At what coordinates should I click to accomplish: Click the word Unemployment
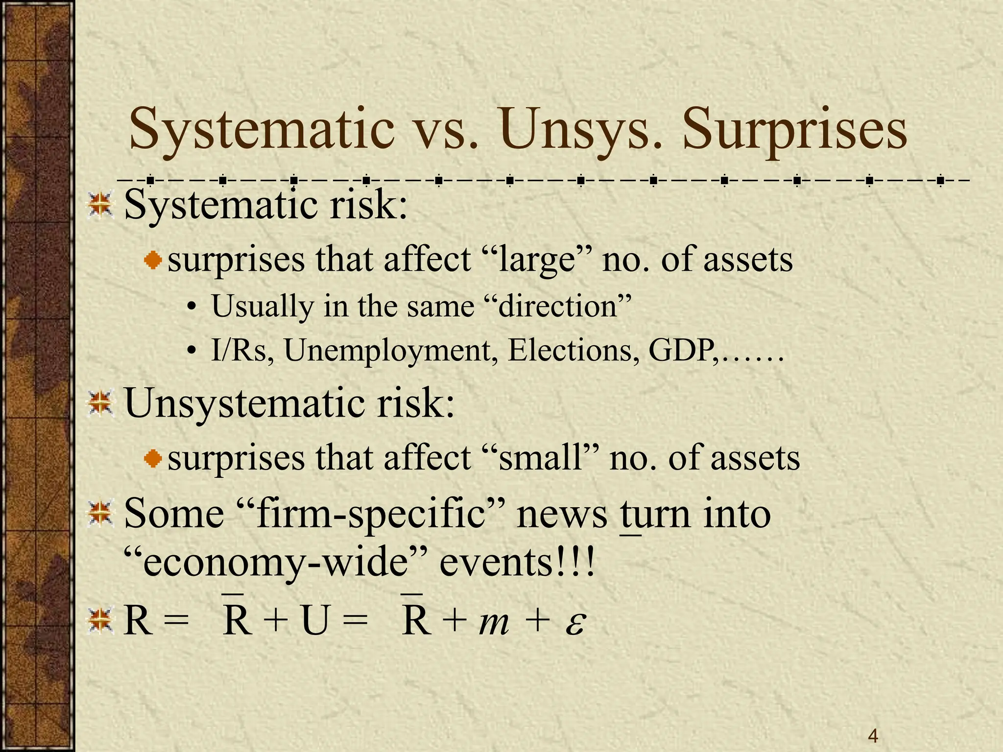390,351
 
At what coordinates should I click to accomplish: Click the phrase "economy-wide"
276,563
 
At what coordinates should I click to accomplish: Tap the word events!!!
518,563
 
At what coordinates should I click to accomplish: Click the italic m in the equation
494,623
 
